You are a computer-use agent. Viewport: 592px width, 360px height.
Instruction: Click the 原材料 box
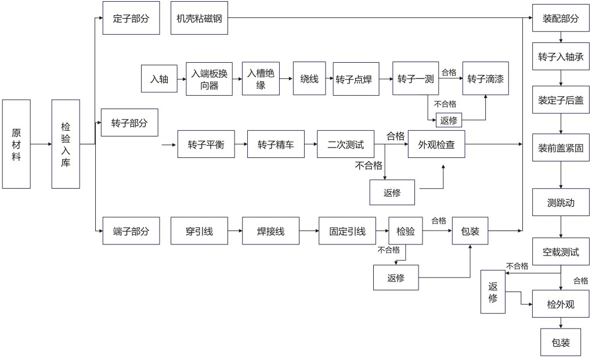[16, 144]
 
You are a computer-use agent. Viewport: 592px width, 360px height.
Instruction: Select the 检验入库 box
[66, 144]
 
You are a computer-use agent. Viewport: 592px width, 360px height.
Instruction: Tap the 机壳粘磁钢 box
[200, 18]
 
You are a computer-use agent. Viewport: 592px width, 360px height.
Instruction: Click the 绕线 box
[309, 78]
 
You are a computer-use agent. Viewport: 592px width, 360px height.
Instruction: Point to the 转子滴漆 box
[485, 78]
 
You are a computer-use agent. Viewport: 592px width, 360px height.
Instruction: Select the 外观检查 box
[436, 145]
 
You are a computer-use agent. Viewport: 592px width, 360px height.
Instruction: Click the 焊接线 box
[270, 231]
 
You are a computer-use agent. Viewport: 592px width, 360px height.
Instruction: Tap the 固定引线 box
[348, 231]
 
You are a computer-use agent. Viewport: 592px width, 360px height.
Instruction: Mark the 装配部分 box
[561, 18]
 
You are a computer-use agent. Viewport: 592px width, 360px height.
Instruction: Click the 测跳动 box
[561, 203]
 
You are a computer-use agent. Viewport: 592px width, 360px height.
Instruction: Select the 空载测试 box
[561, 253]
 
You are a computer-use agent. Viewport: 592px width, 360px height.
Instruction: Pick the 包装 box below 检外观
[561, 343]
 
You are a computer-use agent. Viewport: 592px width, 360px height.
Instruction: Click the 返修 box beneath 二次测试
[392, 192]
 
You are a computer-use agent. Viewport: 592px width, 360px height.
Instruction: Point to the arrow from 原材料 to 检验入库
[41, 144]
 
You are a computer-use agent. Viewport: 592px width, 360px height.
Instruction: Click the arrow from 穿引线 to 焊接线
[234, 231]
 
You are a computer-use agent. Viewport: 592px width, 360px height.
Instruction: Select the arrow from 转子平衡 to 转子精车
[241, 145]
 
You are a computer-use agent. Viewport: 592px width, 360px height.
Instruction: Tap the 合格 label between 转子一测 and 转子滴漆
[449, 73]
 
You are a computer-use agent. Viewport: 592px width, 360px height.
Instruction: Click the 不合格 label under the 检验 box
[388, 250]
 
